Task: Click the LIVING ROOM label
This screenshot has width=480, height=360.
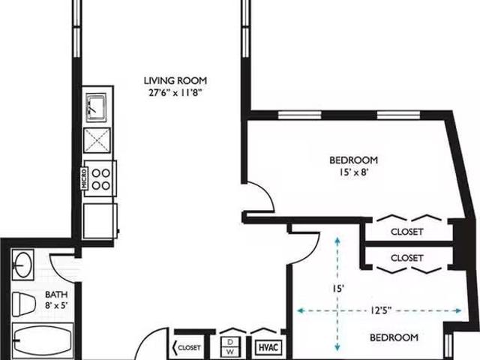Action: pos(175,81)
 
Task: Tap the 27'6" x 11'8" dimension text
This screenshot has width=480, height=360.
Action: pos(175,92)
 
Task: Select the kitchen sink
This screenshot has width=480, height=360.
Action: pos(96,106)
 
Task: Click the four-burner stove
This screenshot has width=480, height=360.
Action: pos(100,178)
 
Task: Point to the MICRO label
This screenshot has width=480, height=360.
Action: pos(85,178)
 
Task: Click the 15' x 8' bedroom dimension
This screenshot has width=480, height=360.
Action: pos(353,172)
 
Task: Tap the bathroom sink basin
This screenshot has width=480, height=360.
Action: pos(22,265)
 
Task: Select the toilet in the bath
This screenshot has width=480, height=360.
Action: pos(23,304)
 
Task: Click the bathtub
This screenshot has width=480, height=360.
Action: pos(43,340)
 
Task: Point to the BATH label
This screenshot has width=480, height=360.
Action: pos(56,295)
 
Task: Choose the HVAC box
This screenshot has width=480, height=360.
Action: pos(268,347)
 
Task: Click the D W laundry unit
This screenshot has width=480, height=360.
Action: pos(230,346)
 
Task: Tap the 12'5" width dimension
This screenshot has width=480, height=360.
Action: pos(381,310)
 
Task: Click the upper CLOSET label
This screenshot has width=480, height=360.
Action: pos(406,232)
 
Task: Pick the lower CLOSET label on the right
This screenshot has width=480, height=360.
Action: pos(406,258)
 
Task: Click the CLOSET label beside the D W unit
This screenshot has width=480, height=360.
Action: pos(189,348)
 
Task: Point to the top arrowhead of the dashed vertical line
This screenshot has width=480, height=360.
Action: pos(337,240)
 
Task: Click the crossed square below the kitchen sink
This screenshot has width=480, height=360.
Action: pos(97,140)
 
